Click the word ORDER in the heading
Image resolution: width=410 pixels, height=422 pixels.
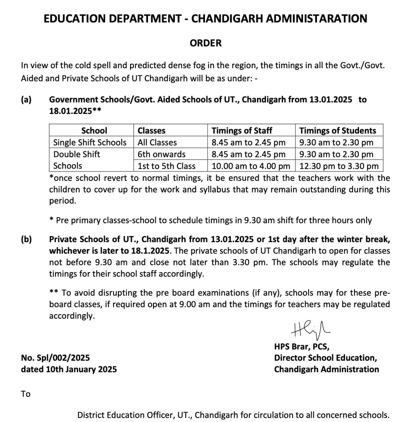pos(205,43)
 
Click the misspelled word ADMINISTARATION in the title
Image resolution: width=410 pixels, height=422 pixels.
pos(317,19)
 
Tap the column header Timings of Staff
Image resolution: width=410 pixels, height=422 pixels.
pos(242,131)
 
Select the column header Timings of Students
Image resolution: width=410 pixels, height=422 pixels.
pos(337,131)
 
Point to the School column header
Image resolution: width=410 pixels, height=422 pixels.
pos(94,131)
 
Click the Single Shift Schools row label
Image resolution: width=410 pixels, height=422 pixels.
pos(90,142)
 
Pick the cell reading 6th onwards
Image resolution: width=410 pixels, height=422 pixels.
pos(161,154)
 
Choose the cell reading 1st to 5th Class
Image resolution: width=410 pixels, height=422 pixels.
pos(166,166)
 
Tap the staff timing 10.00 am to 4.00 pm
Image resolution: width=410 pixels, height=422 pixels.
pos(251,166)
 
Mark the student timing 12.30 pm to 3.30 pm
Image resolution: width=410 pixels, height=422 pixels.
pos(339,166)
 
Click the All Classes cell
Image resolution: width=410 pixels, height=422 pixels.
pos(157,142)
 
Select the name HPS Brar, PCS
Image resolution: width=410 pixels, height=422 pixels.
pos(301,346)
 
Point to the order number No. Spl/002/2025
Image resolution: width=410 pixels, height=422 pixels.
pos(55,358)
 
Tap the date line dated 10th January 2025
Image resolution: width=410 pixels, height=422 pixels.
pos(69,369)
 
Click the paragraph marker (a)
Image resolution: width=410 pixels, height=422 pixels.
pos(26,99)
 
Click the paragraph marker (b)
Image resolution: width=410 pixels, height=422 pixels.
pos(26,239)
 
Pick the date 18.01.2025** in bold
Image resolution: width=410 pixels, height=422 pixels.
pos(75,111)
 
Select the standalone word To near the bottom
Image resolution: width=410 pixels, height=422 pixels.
pos(26,394)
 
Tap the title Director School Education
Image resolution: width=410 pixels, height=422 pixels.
pos(325,358)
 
